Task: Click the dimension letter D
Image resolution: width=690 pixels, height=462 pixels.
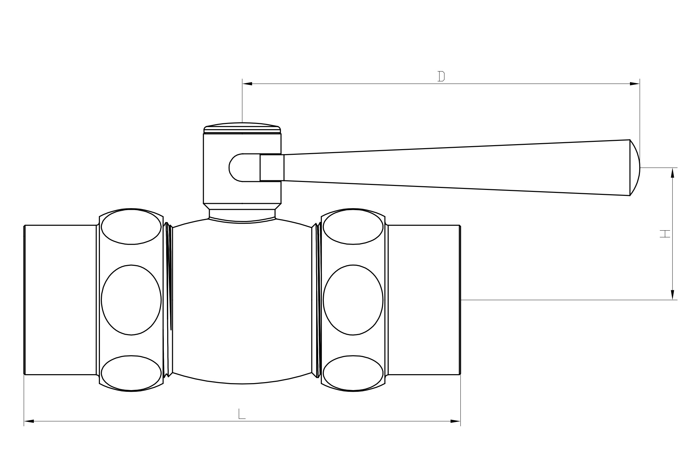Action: [441, 76]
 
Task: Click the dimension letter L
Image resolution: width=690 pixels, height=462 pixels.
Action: [242, 414]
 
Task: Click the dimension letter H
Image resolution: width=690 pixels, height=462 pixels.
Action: [665, 234]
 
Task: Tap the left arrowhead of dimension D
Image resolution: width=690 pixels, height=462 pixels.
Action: [247, 84]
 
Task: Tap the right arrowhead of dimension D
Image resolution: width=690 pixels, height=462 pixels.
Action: [635, 84]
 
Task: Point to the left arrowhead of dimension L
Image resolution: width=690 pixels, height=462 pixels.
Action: [29, 421]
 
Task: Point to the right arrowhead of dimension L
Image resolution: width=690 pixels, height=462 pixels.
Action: [455, 421]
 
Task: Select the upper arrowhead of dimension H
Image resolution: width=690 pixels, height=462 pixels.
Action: [672, 173]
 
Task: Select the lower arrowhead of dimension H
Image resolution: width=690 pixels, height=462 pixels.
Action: [672, 295]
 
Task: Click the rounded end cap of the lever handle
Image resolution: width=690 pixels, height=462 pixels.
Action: [635, 168]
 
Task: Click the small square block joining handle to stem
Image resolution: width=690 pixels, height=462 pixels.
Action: [272, 168]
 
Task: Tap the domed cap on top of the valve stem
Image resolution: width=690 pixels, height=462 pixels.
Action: [242, 128]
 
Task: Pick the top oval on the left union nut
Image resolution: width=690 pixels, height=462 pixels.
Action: [131, 227]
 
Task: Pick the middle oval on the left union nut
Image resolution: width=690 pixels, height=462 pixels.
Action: [131, 300]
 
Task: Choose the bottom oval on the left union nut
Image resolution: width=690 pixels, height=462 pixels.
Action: [131, 373]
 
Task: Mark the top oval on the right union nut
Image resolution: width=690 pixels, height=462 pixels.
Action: [353, 227]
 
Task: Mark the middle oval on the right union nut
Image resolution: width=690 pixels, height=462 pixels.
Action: [353, 300]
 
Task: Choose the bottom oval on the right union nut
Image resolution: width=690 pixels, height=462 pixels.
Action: [353, 373]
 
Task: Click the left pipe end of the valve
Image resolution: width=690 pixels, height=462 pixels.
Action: [60, 300]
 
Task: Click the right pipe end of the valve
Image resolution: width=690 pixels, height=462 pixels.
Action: [424, 300]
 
